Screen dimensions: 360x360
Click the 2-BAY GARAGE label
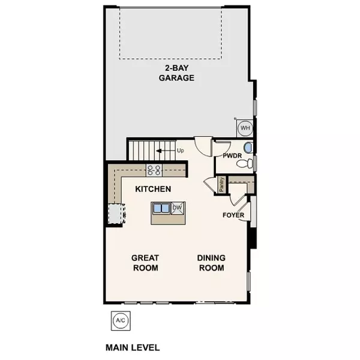click(176, 73)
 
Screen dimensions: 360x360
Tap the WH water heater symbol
click(245, 128)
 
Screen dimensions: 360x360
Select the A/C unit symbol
click(119, 321)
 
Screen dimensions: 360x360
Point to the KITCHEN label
click(153, 189)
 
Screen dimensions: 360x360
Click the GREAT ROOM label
click(145, 263)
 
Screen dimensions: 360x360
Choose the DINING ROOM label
click(211, 263)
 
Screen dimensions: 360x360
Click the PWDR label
click(231, 156)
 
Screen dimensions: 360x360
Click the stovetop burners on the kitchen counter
click(154, 170)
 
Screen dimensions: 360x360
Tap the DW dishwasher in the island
click(177, 208)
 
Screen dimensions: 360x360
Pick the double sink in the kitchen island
click(161, 209)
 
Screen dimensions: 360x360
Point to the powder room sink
click(248, 148)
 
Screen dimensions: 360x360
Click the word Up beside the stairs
click(180, 150)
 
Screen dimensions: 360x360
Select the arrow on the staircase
click(161, 151)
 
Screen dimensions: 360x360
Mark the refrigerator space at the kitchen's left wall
click(115, 213)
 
